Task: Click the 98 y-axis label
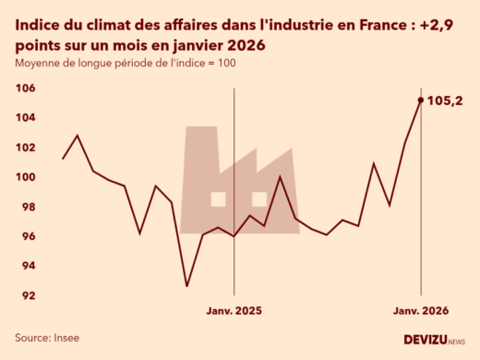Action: click(x=28, y=207)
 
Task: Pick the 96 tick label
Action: click(x=28, y=236)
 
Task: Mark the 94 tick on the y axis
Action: click(x=28, y=266)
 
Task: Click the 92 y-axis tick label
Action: click(x=28, y=295)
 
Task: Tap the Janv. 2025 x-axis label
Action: click(x=234, y=312)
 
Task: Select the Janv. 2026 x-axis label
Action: click(x=421, y=312)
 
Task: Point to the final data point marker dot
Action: click(x=421, y=100)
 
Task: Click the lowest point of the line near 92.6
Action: click(x=186, y=286)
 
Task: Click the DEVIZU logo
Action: click(x=435, y=340)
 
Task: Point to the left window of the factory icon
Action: click(x=218, y=198)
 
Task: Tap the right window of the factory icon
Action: click(x=259, y=198)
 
